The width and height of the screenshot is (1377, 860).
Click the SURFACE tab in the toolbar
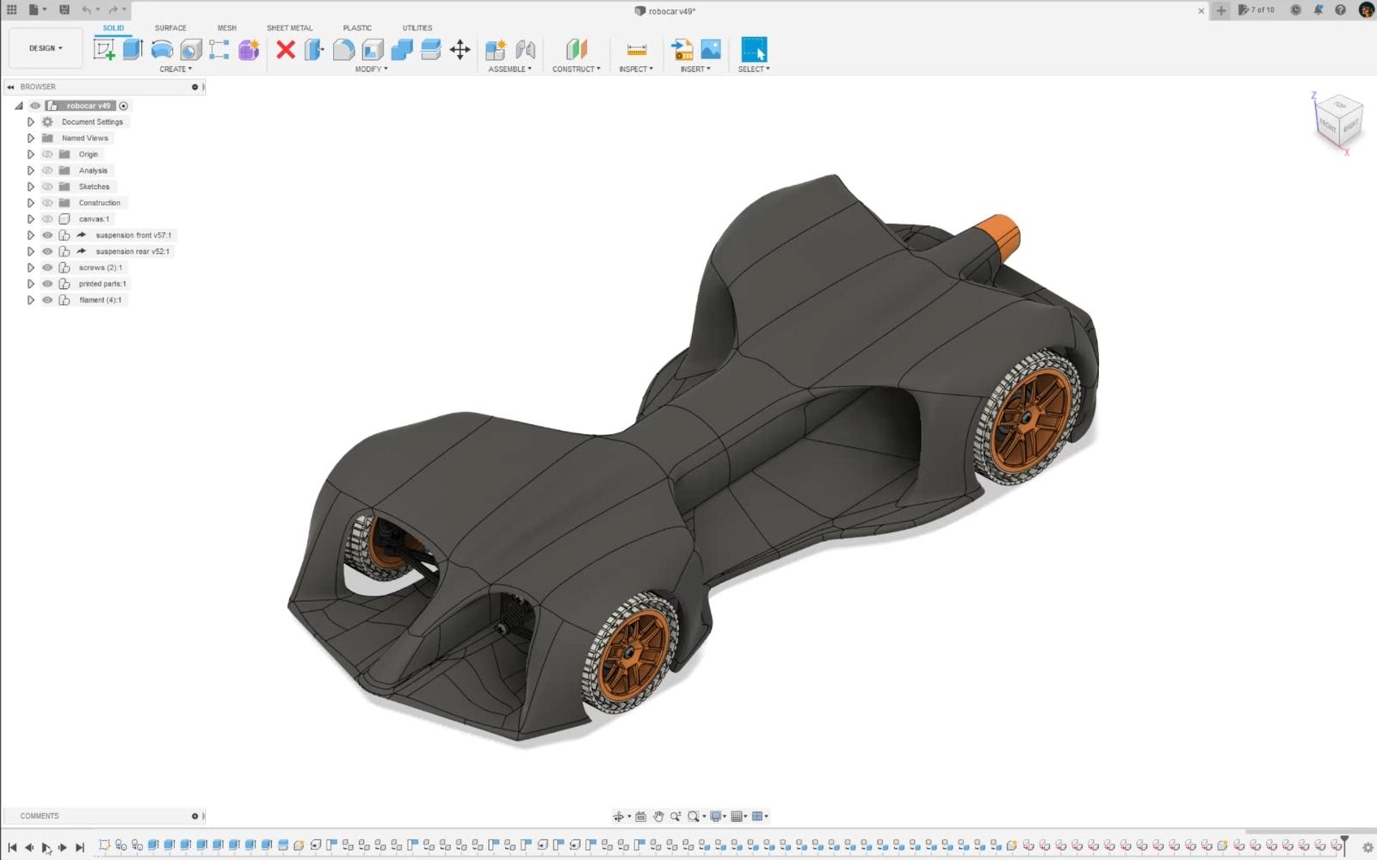170,28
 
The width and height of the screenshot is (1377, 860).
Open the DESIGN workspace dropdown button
46,48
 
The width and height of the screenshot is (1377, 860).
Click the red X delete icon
286,50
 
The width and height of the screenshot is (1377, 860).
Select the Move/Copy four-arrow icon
460,50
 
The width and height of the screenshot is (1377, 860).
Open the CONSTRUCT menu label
576,69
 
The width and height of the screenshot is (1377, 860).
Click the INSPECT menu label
635,69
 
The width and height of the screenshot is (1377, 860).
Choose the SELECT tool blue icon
753,49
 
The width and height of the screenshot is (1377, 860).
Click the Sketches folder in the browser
94,187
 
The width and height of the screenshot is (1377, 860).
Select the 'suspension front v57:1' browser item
133,235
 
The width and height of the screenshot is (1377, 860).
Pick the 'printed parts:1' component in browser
102,284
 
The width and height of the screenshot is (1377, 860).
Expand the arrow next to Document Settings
31,122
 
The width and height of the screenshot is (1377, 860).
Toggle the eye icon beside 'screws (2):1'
47,267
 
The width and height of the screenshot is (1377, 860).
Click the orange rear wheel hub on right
1029,418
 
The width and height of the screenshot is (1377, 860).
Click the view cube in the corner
1338,120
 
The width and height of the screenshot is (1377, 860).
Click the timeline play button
46,847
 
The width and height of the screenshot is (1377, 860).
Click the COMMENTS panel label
40,815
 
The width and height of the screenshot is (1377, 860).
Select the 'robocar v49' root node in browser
88,106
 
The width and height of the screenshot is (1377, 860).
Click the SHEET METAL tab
289,28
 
